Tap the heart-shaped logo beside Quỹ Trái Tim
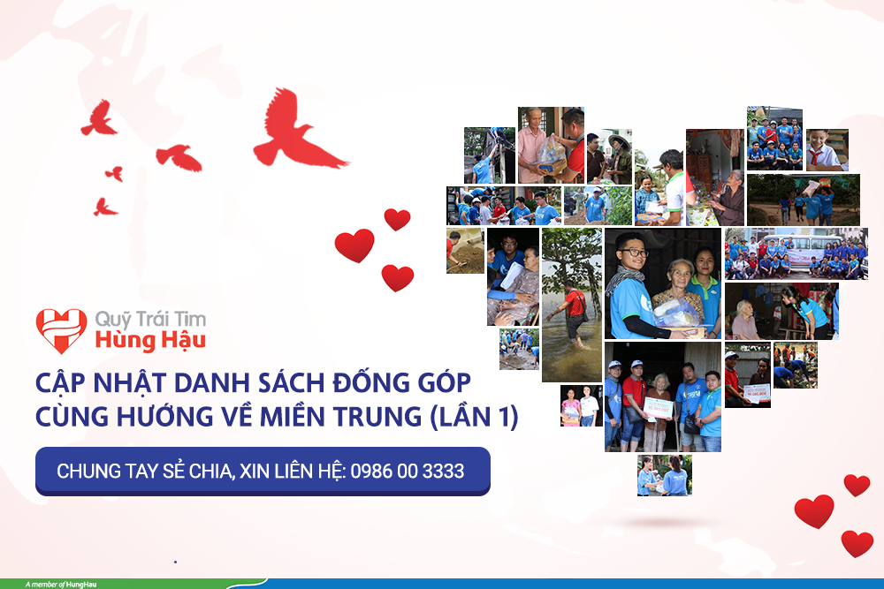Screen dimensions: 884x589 pos(62,330)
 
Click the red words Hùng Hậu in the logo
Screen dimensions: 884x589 pos(150,341)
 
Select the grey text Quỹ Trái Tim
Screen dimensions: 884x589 pos(150,320)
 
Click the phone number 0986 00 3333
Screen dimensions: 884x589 pos(407,471)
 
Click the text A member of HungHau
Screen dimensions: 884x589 pos(61,585)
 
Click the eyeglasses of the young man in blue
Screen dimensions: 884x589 pos(633,253)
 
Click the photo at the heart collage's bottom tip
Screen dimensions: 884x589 pos(664,475)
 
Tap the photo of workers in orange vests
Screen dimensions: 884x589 pos(796,365)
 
